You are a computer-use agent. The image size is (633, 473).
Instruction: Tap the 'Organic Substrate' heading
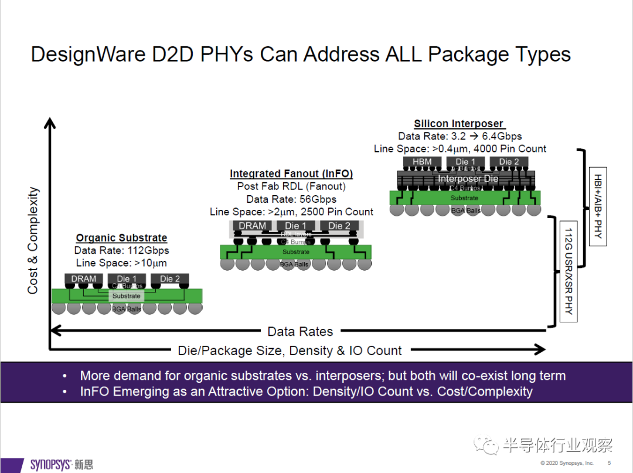(121, 238)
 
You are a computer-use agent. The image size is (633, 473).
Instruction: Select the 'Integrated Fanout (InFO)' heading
(291, 174)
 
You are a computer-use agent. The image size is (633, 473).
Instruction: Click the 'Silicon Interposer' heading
(458, 124)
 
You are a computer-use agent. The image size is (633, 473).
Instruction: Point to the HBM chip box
(422, 162)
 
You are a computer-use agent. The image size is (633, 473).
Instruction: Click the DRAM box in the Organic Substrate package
(83, 278)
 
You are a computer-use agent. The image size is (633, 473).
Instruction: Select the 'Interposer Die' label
(468, 178)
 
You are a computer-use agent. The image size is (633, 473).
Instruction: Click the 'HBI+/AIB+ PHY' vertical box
(598, 208)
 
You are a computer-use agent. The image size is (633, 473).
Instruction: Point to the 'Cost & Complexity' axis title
(33, 240)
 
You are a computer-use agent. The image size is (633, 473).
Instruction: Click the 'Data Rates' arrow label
(300, 331)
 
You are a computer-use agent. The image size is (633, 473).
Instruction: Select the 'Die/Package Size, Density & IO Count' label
(290, 351)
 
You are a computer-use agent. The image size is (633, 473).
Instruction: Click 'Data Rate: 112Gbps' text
(121, 251)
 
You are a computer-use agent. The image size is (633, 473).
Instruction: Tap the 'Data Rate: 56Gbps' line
(291, 199)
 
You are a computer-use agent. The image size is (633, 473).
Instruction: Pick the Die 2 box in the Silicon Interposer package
(509, 162)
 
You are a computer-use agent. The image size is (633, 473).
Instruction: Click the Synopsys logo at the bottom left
(60, 464)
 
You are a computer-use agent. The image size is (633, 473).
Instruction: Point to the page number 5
(608, 464)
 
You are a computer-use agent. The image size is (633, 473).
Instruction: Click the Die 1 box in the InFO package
(295, 226)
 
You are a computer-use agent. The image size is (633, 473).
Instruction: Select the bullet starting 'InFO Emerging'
(306, 392)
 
